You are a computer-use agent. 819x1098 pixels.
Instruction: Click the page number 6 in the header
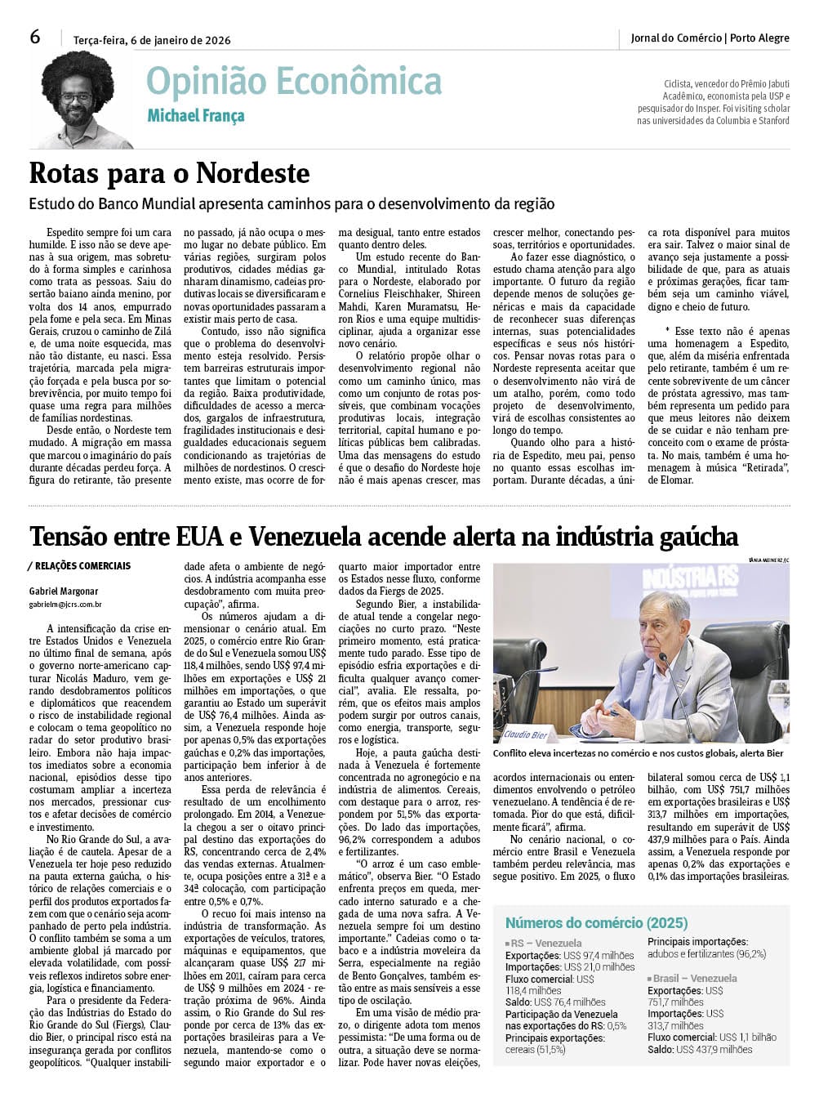tap(35, 37)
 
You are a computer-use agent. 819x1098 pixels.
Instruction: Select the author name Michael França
tap(195, 116)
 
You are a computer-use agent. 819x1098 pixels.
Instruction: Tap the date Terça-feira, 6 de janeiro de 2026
tap(152, 40)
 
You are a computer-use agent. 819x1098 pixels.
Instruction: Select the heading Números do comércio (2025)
tap(596, 923)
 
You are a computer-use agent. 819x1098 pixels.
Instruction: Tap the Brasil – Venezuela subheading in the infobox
tap(695, 978)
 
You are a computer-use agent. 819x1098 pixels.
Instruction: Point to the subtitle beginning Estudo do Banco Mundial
tap(292, 203)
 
